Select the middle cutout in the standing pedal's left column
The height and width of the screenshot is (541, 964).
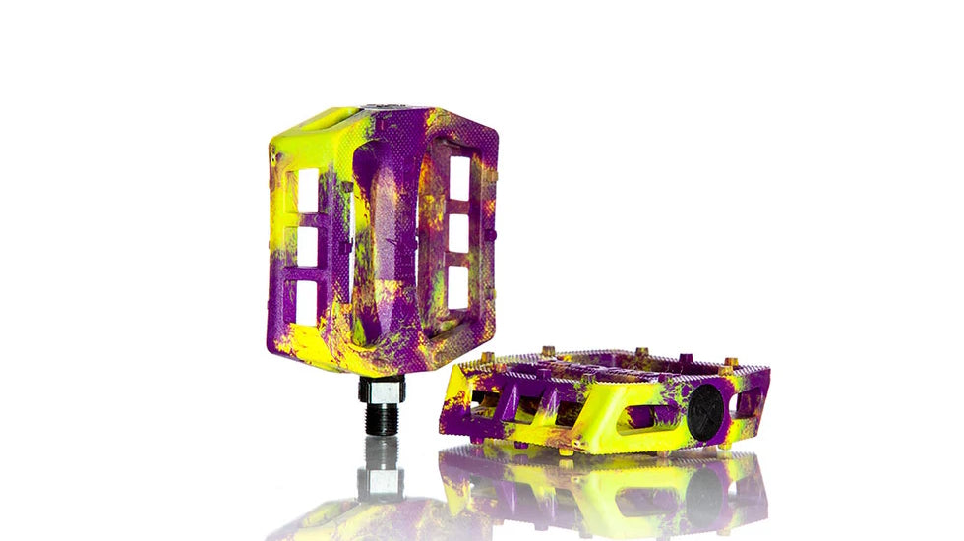coord(306,247)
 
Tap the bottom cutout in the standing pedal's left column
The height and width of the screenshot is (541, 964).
coord(306,303)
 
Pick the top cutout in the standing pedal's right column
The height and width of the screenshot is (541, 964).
coord(459,178)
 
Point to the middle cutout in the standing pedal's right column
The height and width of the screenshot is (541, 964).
coord(459,233)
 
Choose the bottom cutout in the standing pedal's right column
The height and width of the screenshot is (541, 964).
coord(458,286)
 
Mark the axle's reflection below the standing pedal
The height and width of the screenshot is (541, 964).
coord(381,472)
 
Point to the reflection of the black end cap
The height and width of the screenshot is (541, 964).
coord(704,497)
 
